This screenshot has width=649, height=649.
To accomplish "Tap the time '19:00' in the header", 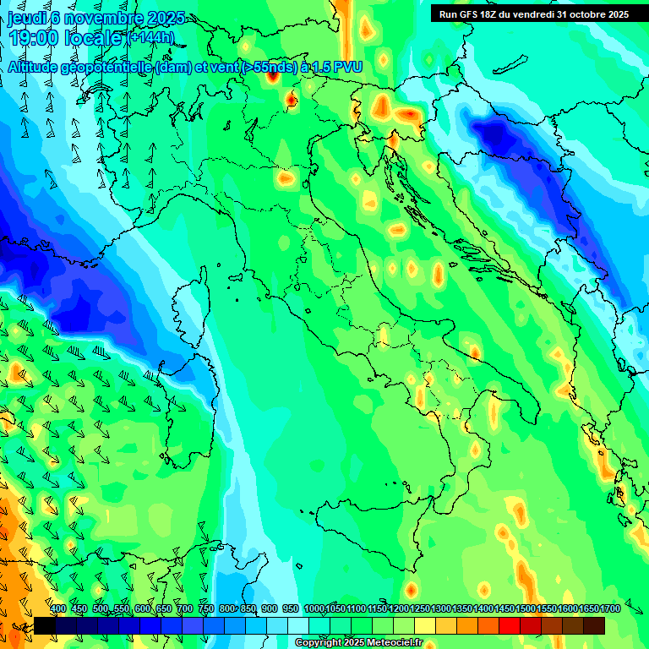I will (x=34, y=37).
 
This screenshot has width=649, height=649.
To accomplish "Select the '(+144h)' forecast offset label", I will (x=150, y=38).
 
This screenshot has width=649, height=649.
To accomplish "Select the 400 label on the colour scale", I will (x=58, y=609).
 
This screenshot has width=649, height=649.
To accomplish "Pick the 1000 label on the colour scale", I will (x=314, y=609).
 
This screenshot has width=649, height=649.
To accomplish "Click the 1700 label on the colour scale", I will (x=588, y=609).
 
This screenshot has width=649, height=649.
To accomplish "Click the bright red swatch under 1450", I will (x=510, y=625).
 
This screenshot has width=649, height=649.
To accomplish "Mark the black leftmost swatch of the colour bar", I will (x=44, y=625).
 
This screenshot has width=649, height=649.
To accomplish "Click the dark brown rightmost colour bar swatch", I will (x=594, y=625).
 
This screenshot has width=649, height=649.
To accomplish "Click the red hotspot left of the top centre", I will (x=272, y=74).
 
